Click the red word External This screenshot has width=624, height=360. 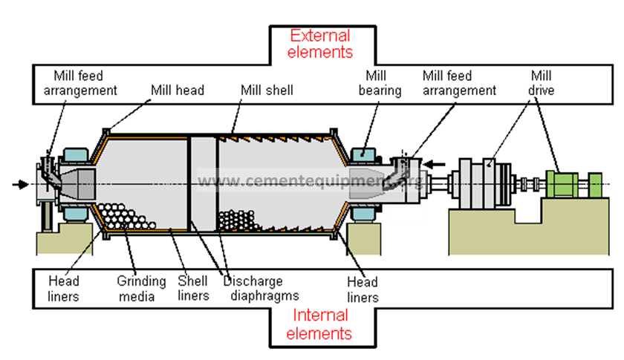coord(321,36)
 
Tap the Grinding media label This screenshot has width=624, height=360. coord(141,289)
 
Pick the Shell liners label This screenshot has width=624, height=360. coord(192,289)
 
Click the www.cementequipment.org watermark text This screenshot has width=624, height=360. coord(312,181)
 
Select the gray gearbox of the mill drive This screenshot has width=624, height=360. coord(480,183)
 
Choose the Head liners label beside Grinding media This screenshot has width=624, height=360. coord(64,289)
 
